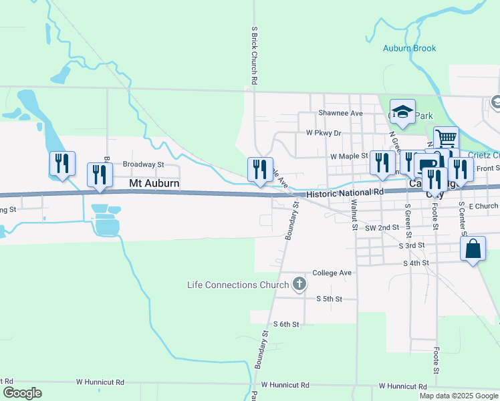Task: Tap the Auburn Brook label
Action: [409, 48]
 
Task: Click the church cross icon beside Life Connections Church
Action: [299, 285]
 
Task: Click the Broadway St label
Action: [143, 164]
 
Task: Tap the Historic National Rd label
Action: [345, 192]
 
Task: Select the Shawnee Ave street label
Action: [340, 113]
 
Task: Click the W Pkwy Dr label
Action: [324, 133]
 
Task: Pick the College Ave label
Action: [332, 273]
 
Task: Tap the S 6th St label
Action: [285, 323]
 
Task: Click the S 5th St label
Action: [329, 299]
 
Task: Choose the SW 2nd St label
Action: [382, 227]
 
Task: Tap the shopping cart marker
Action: [446, 139]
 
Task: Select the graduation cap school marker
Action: [403, 112]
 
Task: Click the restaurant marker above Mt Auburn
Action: [100, 174]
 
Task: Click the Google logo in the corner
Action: [23, 393]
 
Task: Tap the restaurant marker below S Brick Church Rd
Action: [260, 169]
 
